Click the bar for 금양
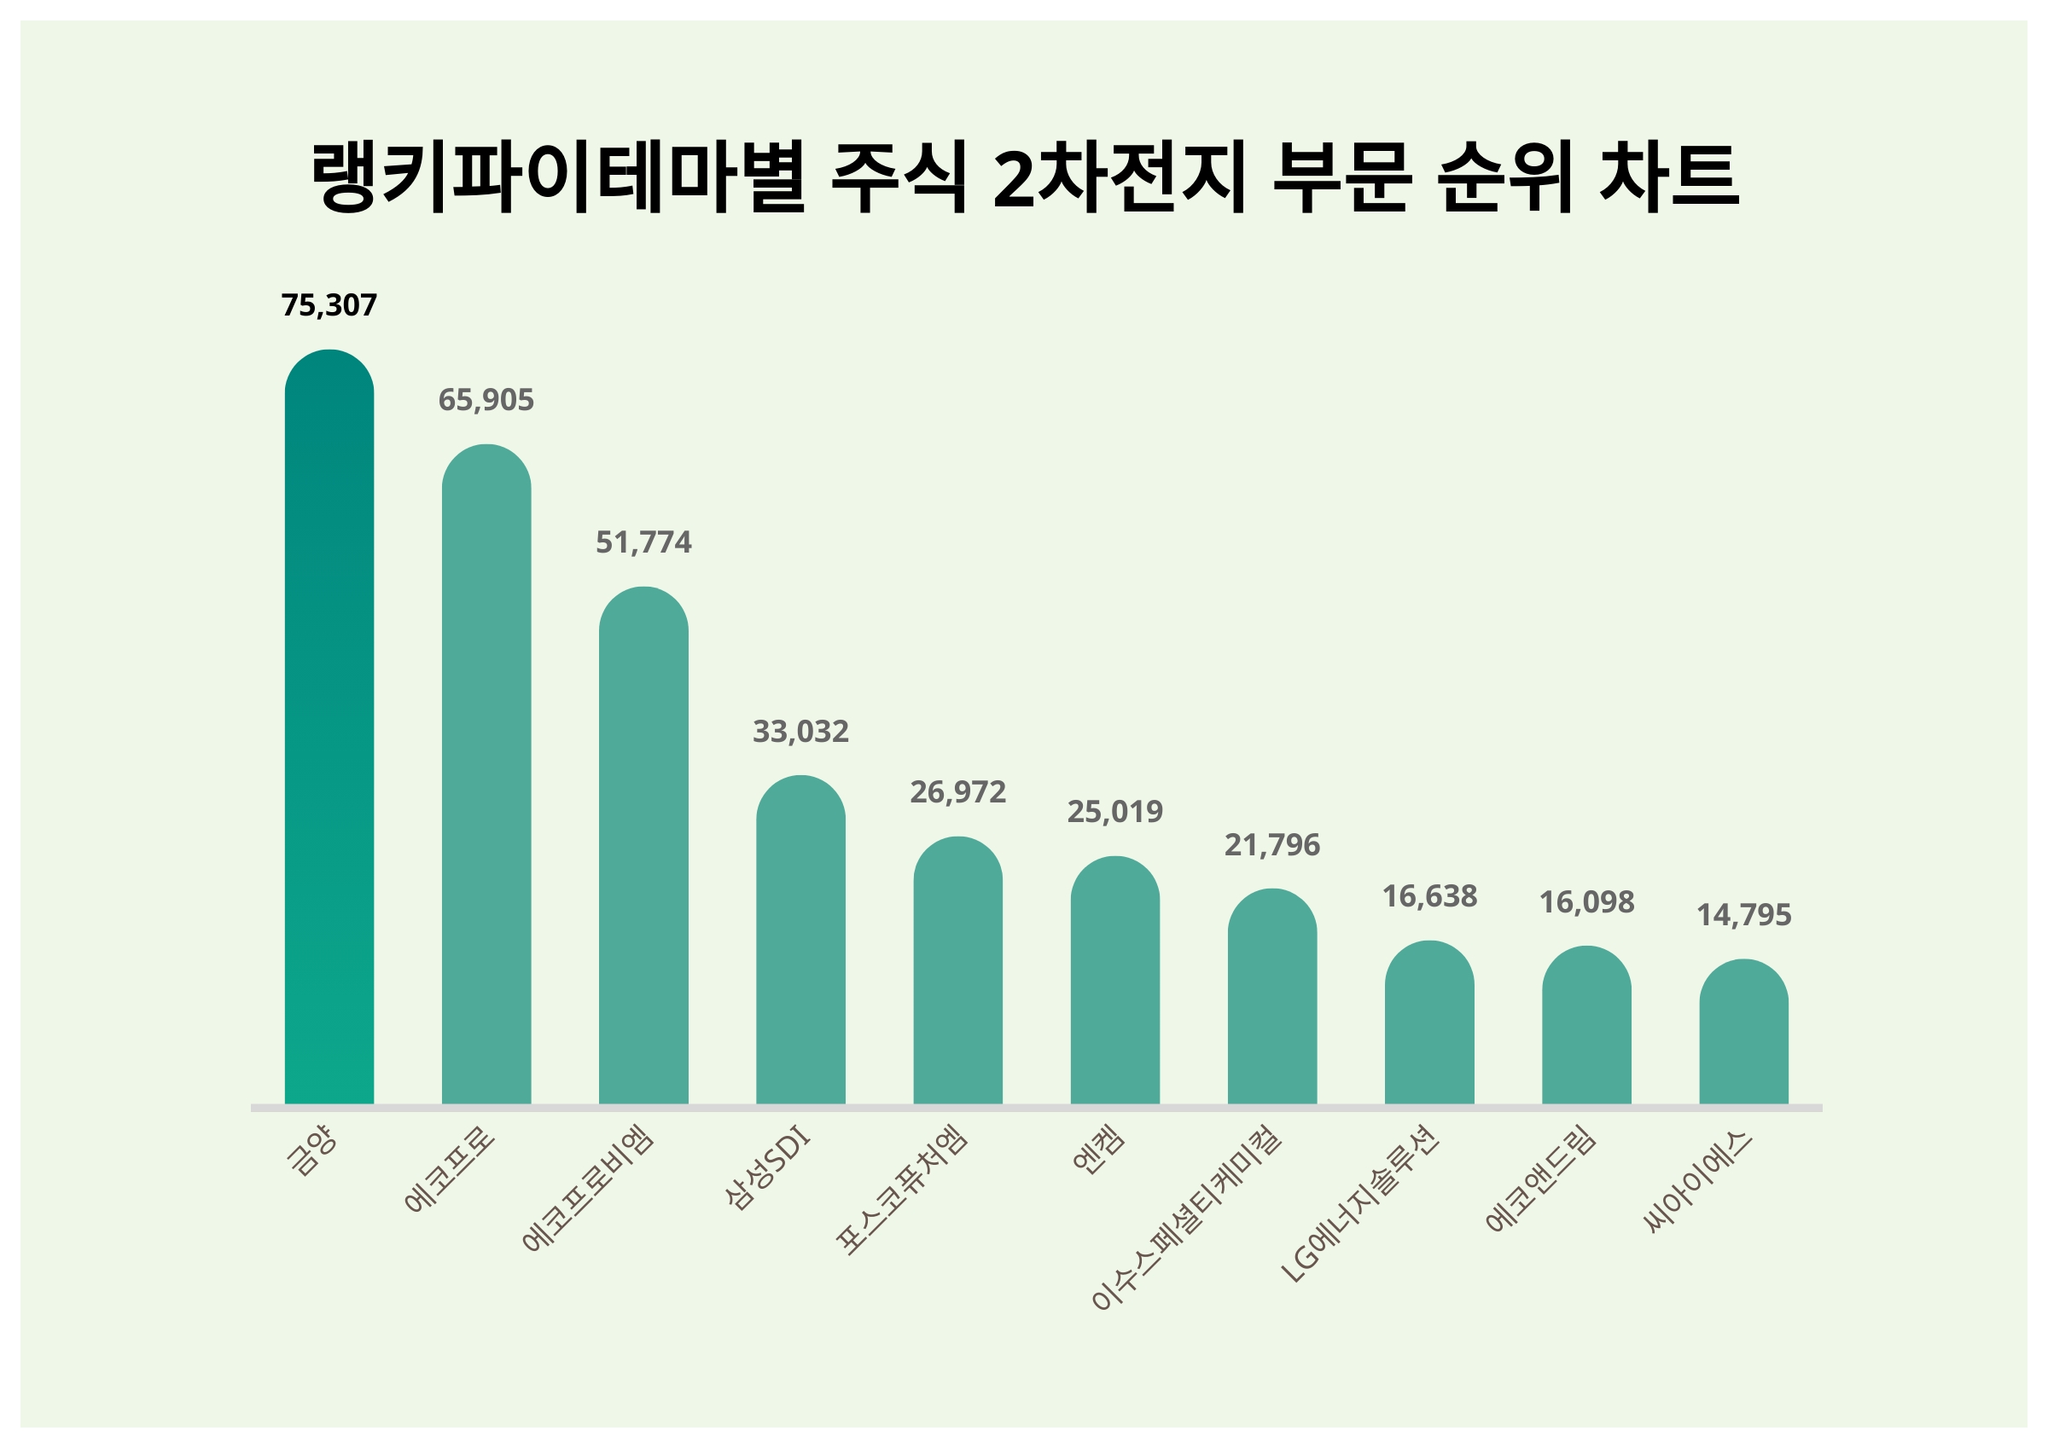click(329, 727)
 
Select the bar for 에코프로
click(486, 774)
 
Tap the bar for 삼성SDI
click(800, 940)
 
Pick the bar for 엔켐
click(1115, 980)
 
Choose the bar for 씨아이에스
click(1743, 1032)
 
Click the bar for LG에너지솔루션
click(1429, 1022)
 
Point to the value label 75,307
click(329, 306)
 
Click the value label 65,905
click(486, 400)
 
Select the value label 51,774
click(643, 542)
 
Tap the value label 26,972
click(958, 791)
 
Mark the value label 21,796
click(1272, 844)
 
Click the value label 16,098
click(1587, 902)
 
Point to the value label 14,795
click(1743, 915)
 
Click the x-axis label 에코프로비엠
click(590, 1188)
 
